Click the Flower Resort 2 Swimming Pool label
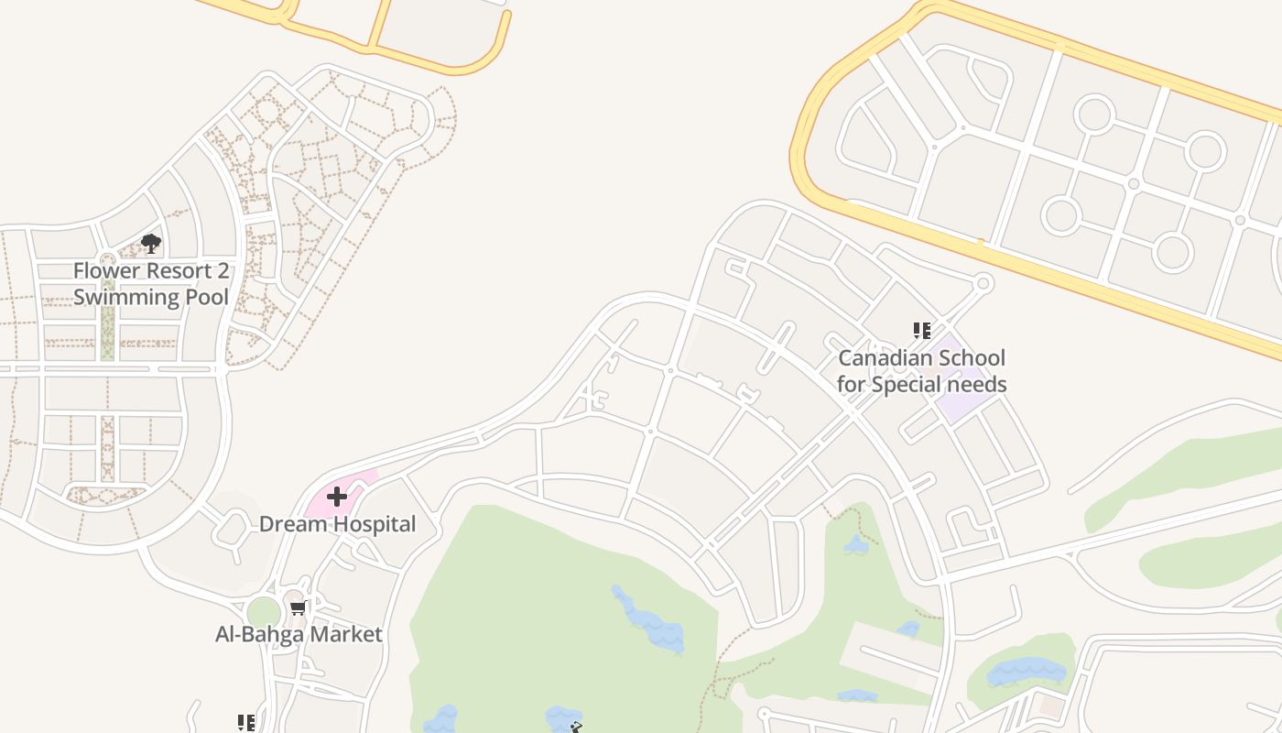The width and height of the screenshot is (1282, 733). (x=151, y=284)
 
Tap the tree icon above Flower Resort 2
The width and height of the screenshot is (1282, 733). (x=151, y=244)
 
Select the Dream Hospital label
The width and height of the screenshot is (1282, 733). (x=337, y=524)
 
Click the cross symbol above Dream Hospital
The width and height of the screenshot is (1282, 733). (x=337, y=497)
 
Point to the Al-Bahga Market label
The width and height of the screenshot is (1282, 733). (x=299, y=634)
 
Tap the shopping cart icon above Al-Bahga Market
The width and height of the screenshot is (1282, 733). (x=298, y=607)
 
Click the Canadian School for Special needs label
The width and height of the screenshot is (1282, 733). (x=921, y=371)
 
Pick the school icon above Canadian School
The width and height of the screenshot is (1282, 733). (x=921, y=330)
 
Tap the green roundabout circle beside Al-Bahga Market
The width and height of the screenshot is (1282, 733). (x=264, y=612)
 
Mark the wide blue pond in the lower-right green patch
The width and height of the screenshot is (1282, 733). (x=1027, y=672)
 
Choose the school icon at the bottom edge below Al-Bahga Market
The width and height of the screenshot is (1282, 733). (x=245, y=724)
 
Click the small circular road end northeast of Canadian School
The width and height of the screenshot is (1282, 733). (x=983, y=283)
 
